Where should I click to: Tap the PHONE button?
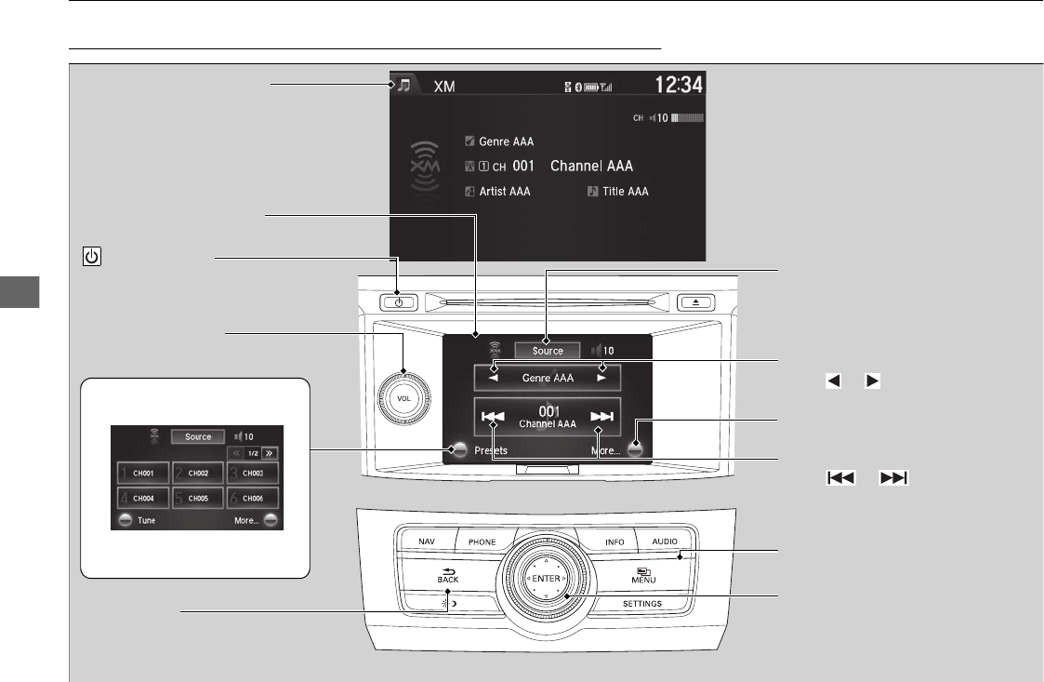pos(482,542)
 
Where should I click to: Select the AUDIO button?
pos(664,542)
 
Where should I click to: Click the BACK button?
pos(449,577)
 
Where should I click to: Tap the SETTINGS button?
pos(641,604)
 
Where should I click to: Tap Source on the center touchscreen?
pos(548,351)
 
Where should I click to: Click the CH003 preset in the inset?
pos(253,474)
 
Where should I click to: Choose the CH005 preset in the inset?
pos(198,498)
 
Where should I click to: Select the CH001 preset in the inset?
pos(144,474)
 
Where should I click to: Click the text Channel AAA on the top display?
pos(591,167)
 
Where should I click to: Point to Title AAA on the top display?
pos(625,192)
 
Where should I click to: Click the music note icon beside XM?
pos(403,86)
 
